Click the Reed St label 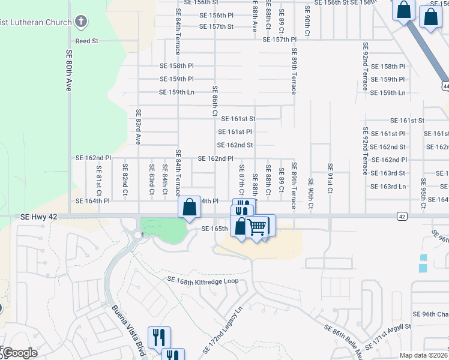[x=86, y=41]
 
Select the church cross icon [x=81, y=22]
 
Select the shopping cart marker [x=258, y=227]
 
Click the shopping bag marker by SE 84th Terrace [x=190, y=208]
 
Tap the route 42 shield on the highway [x=401, y=215]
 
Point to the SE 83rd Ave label [x=138, y=127]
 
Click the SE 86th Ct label [x=214, y=101]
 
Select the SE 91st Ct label [x=330, y=179]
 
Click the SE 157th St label [x=217, y=27]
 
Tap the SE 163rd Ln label [x=388, y=187]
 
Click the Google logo [x=20, y=353]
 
